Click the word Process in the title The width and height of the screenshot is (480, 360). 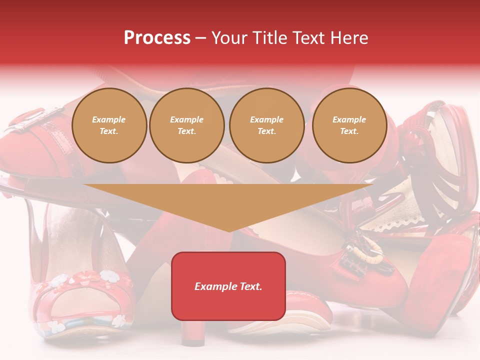pos(157,38)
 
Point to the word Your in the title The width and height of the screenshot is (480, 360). pos(229,38)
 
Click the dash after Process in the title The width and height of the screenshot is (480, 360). pos(201,38)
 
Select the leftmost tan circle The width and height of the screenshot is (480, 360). pos(109,125)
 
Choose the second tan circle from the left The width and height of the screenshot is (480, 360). pos(186,125)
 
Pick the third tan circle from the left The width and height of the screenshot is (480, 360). pos(266,125)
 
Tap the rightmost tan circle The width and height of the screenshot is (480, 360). pos(349,125)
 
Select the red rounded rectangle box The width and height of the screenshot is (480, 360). pos(228,286)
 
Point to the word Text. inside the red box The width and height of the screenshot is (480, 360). pos(250,286)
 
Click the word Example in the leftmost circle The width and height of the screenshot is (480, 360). pos(109,119)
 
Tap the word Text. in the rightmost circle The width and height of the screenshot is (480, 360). pos(349,131)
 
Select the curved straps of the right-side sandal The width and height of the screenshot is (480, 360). pos(440,165)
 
